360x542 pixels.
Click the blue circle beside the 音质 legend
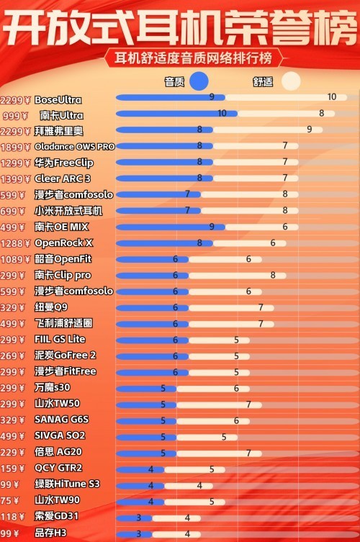pyautogui.click(x=198, y=81)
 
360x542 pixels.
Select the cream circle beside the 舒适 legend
pyautogui.click(x=290, y=81)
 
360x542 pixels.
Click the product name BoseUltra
pyautogui.click(x=58, y=100)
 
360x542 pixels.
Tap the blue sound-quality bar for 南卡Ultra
pyautogui.click(x=169, y=114)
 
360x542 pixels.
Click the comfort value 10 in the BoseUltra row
pyautogui.click(x=331, y=97)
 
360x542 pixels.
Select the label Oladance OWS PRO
pyautogui.click(x=74, y=147)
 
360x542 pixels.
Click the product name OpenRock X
pyautogui.click(x=63, y=243)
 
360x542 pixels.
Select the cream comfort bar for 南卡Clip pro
pyautogui.click(x=238, y=275)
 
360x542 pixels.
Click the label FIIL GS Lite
pyautogui.click(x=60, y=339)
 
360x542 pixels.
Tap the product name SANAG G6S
pyautogui.click(x=61, y=420)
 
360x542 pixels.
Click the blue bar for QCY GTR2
pyautogui.click(x=137, y=469)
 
